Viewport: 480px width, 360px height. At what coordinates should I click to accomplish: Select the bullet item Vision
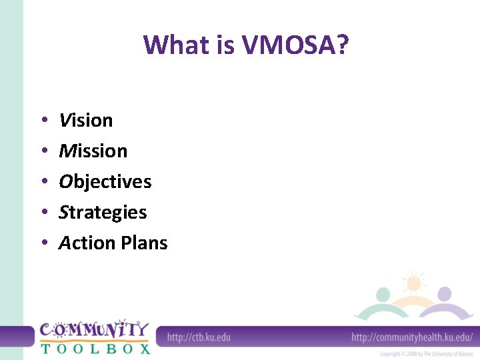coord(86,121)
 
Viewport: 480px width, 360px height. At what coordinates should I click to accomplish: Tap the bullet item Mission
coord(93,151)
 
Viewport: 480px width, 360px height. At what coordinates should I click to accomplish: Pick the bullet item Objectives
coord(105,182)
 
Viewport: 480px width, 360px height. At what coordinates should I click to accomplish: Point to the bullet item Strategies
coord(103,213)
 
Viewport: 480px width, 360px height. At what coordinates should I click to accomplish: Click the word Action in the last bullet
coord(87,243)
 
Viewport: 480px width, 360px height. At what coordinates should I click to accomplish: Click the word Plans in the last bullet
coord(144,243)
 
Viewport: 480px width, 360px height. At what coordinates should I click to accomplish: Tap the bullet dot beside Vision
coord(43,121)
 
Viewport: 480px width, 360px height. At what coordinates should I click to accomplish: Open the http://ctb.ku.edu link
coord(199,337)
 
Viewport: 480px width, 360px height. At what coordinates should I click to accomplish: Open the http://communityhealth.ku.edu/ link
coord(411,337)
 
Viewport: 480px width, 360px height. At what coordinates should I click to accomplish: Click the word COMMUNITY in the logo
coord(94,330)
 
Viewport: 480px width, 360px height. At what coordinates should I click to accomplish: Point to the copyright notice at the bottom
coord(426,354)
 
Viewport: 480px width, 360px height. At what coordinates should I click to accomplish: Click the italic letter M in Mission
coord(67,151)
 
